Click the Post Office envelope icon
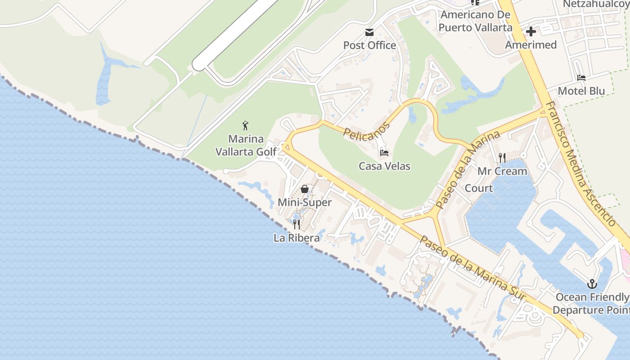click(x=369, y=32)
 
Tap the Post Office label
click(x=369, y=45)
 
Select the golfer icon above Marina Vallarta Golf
click(x=245, y=125)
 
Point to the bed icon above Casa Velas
click(x=384, y=153)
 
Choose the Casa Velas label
click(x=384, y=166)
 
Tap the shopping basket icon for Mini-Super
click(x=305, y=189)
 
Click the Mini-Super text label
click(x=305, y=202)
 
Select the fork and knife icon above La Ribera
click(x=297, y=224)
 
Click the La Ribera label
click(x=297, y=238)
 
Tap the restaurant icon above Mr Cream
click(x=502, y=158)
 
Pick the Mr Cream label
click(x=502, y=171)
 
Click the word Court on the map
click(x=478, y=188)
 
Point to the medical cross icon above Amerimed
click(x=531, y=31)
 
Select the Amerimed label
click(x=531, y=45)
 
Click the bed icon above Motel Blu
click(x=581, y=78)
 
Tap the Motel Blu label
click(x=581, y=91)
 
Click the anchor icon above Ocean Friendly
click(x=592, y=284)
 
